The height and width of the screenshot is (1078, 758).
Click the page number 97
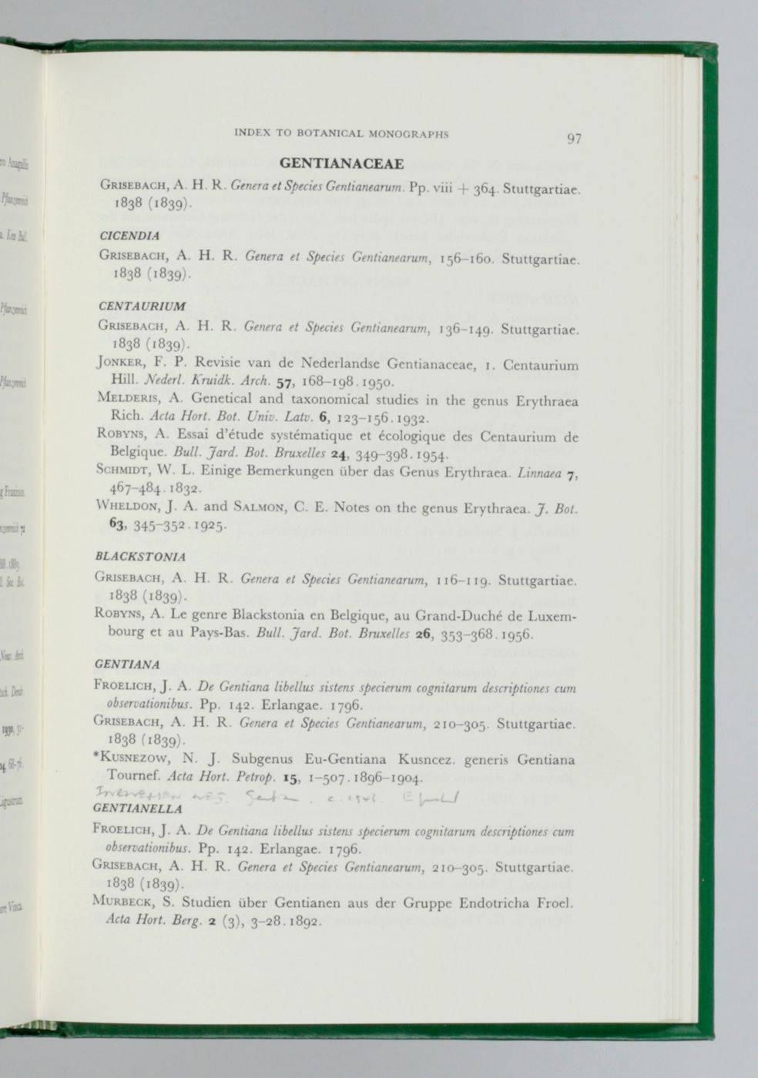tap(574, 139)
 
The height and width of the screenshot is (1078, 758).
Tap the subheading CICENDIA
tap(129, 235)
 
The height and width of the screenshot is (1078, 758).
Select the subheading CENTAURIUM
tap(143, 306)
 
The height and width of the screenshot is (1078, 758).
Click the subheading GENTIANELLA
tap(137, 809)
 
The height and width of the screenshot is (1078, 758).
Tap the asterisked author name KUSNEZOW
tap(131, 760)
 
